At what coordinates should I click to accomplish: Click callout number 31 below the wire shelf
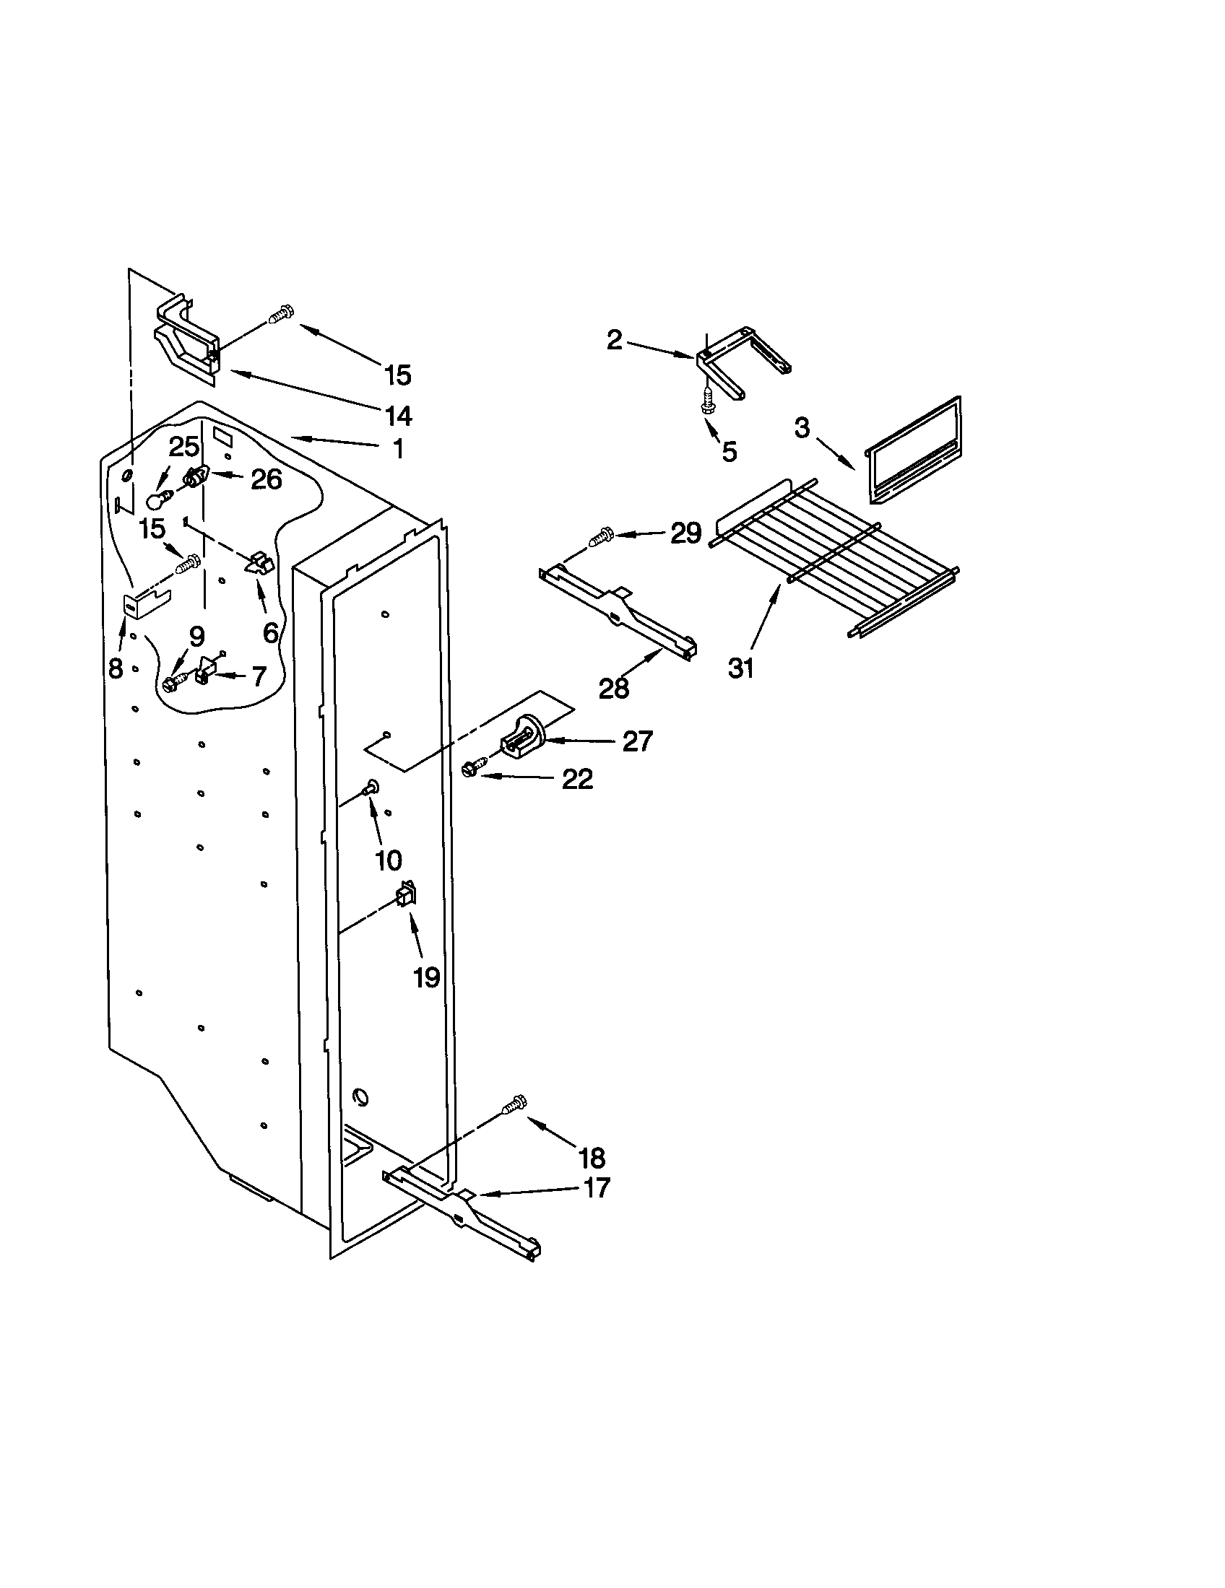tap(741, 667)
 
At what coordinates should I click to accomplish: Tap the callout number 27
tap(637, 741)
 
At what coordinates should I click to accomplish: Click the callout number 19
tap(426, 977)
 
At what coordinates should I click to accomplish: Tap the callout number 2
tap(615, 339)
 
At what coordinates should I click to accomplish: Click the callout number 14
tap(398, 416)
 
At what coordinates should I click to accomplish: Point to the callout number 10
tap(389, 860)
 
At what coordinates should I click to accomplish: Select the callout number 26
tap(266, 479)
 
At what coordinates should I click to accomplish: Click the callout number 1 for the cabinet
tap(397, 449)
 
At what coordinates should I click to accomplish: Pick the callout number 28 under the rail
tap(614, 688)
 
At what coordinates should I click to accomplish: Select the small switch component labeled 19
tap(406, 895)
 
